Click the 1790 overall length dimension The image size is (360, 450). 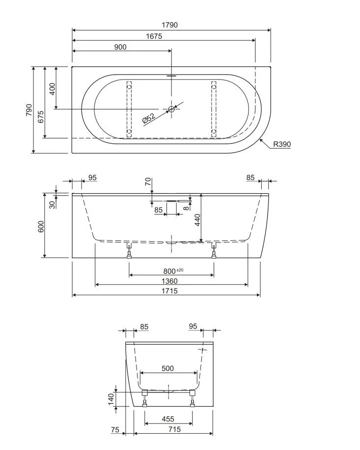(170, 25)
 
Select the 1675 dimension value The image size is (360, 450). (154, 36)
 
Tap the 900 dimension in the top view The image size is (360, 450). (120, 47)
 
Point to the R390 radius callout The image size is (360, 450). (281, 144)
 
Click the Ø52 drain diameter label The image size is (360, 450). (149, 118)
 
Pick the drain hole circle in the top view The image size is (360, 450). (171, 109)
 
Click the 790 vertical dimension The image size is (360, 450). (29, 110)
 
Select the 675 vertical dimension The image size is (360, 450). (41, 117)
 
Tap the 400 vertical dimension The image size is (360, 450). (52, 89)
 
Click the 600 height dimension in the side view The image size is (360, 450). (41, 226)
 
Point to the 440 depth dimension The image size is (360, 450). (197, 220)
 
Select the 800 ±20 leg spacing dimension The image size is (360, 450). (173, 271)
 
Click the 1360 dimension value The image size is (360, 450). (169, 281)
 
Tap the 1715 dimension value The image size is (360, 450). (169, 291)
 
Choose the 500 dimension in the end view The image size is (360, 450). (167, 368)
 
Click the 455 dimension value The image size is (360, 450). (168, 419)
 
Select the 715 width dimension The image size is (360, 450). (175, 429)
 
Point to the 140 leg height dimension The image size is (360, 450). (111, 399)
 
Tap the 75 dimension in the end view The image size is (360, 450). (115, 429)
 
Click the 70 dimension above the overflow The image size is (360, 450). (148, 182)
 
